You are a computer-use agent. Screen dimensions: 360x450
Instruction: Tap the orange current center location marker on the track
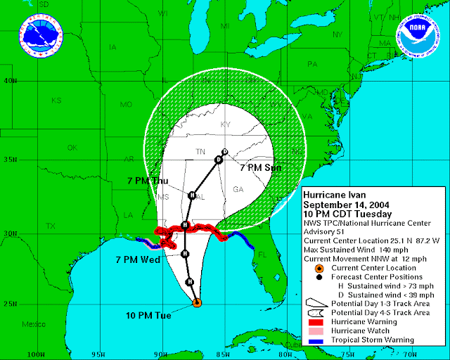point(197,303)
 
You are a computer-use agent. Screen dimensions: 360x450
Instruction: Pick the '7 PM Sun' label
point(261,169)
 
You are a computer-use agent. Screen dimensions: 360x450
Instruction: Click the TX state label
point(50,226)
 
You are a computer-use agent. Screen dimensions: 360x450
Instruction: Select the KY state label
point(226,124)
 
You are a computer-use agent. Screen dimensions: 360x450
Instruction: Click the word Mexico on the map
point(33,325)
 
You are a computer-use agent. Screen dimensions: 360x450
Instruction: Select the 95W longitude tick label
point(98,353)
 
